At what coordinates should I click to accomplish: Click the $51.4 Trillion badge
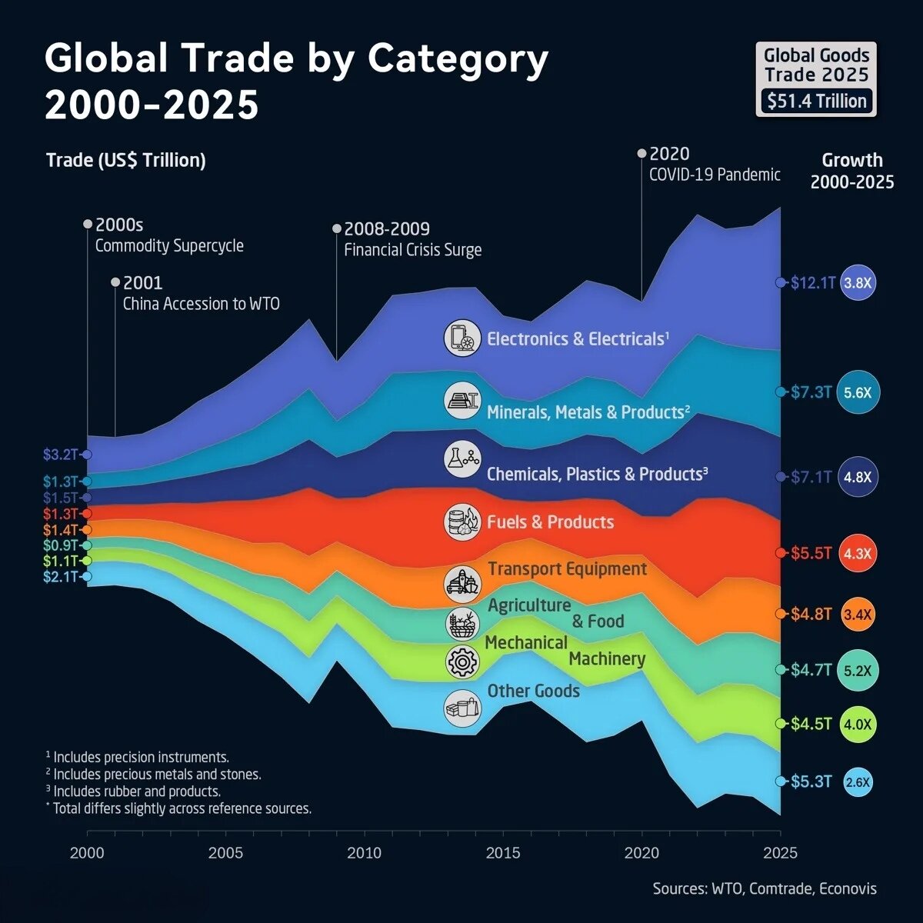click(817, 101)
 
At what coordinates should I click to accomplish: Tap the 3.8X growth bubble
click(858, 282)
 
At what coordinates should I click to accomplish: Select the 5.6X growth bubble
click(858, 392)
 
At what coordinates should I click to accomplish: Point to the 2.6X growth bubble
click(858, 782)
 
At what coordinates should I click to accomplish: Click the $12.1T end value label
click(812, 282)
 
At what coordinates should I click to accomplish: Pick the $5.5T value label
click(811, 553)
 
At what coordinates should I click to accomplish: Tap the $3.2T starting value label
click(60, 454)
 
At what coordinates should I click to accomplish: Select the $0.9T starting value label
click(60, 545)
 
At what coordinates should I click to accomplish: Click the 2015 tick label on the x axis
click(503, 852)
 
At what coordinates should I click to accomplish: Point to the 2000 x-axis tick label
click(87, 852)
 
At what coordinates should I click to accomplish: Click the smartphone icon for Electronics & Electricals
click(462, 338)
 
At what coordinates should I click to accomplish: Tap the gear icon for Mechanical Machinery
click(462, 661)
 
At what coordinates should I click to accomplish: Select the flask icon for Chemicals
click(462, 459)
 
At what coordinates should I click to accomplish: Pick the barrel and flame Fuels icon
click(462, 522)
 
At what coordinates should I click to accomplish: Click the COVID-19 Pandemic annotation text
click(715, 175)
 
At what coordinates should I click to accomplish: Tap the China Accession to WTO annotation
click(202, 304)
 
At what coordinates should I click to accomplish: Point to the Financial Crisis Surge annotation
click(413, 250)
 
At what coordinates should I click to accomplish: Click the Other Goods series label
click(534, 691)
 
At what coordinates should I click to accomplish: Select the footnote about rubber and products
click(133, 791)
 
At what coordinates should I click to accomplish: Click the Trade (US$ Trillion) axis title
click(126, 161)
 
